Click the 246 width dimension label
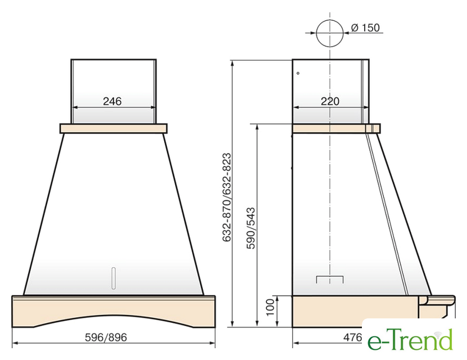(112, 101)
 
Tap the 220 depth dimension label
(330, 101)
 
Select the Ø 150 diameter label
(365, 28)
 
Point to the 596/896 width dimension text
(106, 337)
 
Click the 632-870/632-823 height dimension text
(226, 197)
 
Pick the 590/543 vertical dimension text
(251, 228)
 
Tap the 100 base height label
(270, 307)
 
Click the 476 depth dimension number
(352, 337)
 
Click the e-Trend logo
(410, 339)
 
